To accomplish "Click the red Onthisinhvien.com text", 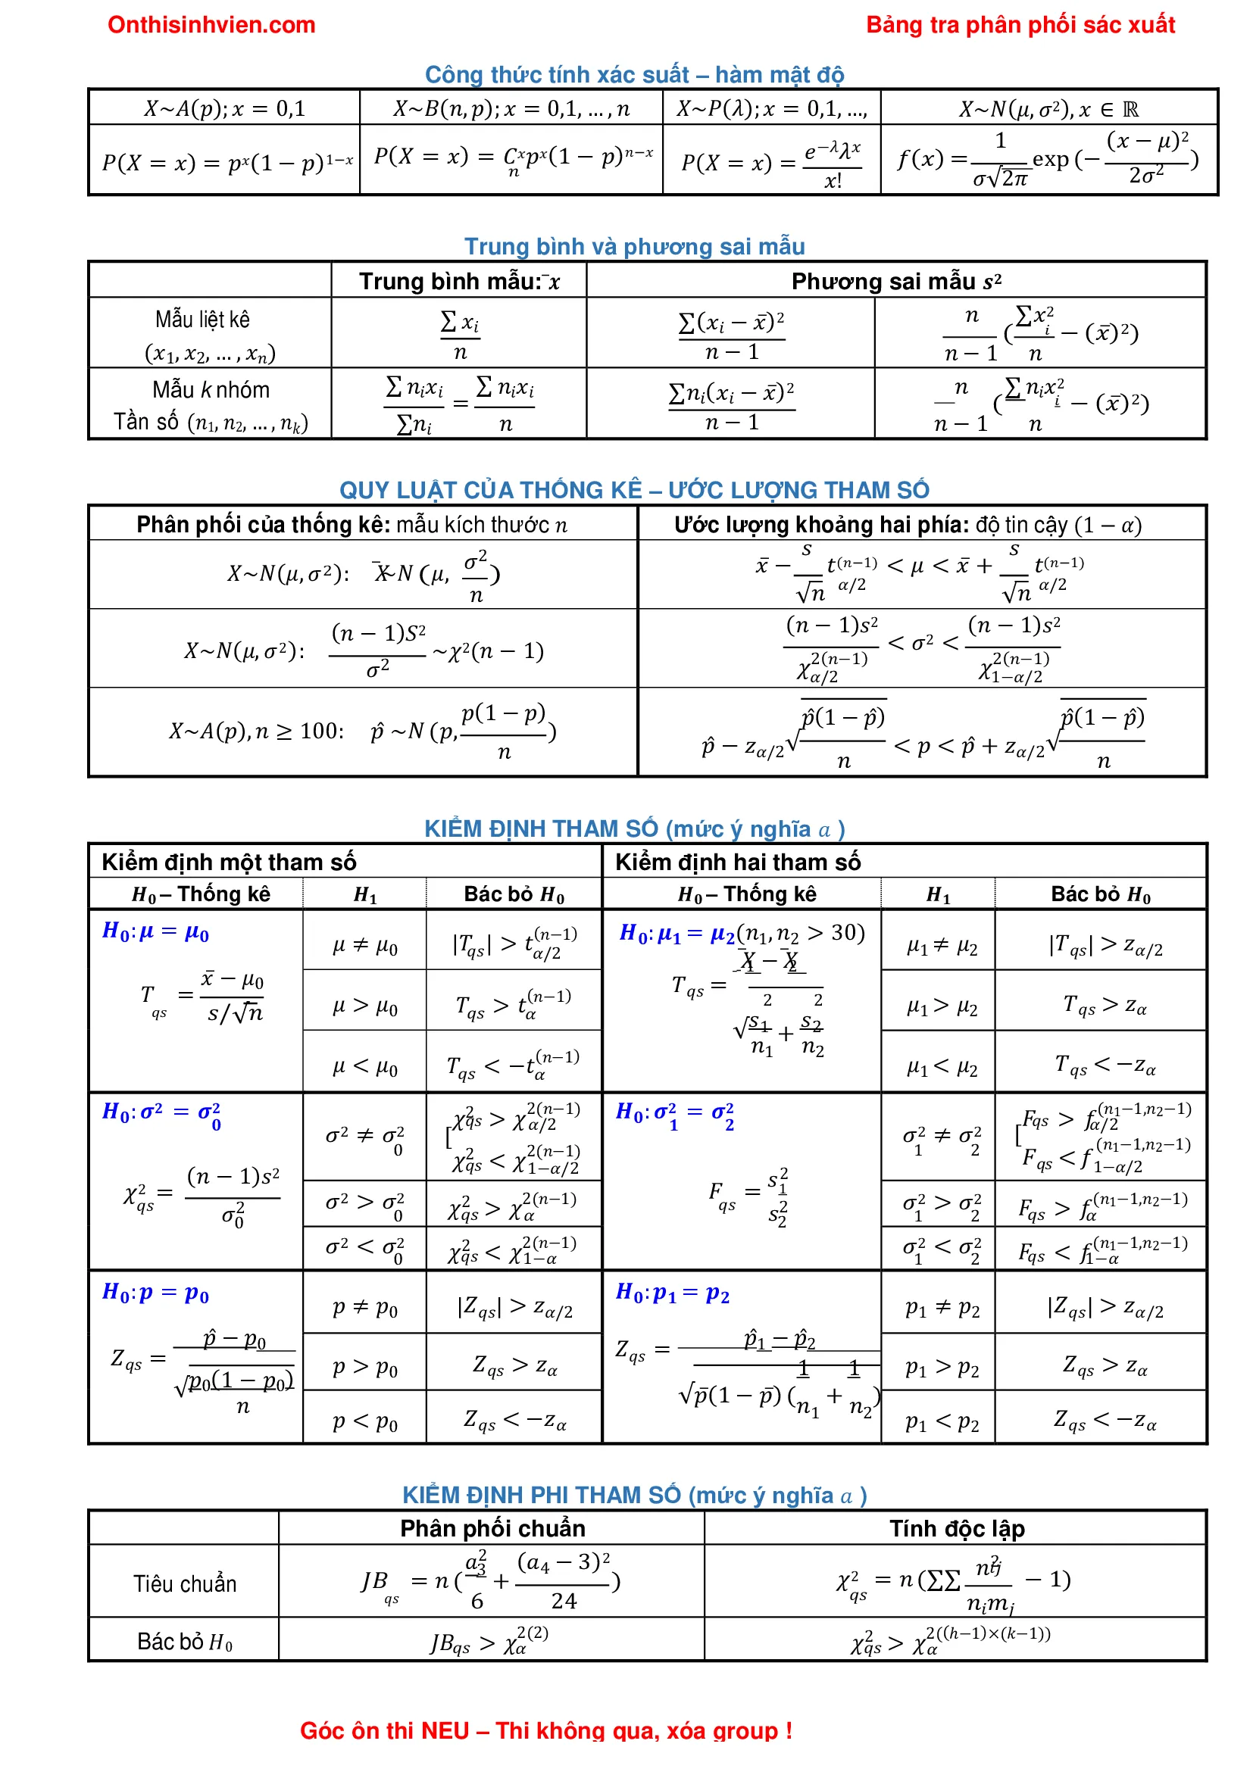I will [211, 25].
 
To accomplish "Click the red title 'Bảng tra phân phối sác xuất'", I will [1020, 25].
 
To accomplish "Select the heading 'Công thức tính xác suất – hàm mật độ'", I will [634, 74].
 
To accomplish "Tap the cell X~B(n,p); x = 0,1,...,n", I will [511, 109].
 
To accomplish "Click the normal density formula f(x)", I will [1048, 160].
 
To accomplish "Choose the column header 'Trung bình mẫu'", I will [458, 281].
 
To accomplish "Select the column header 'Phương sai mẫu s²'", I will [895, 281].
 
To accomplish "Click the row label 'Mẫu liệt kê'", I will [202, 319].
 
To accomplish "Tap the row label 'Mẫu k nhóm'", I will [211, 389].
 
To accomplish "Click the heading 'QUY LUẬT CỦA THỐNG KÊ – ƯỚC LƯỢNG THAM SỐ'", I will [634, 489].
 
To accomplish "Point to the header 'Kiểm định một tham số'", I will [229, 861].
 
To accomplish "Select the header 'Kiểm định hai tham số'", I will [737, 861].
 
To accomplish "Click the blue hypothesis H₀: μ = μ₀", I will [155, 931].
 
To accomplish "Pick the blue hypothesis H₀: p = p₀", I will [155, 1293].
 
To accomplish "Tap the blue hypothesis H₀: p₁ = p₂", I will [672, 1293].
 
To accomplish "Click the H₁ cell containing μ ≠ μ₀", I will [364, 945].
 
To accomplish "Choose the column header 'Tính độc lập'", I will [957, 1528].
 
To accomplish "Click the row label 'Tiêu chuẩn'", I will [185, 1583].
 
